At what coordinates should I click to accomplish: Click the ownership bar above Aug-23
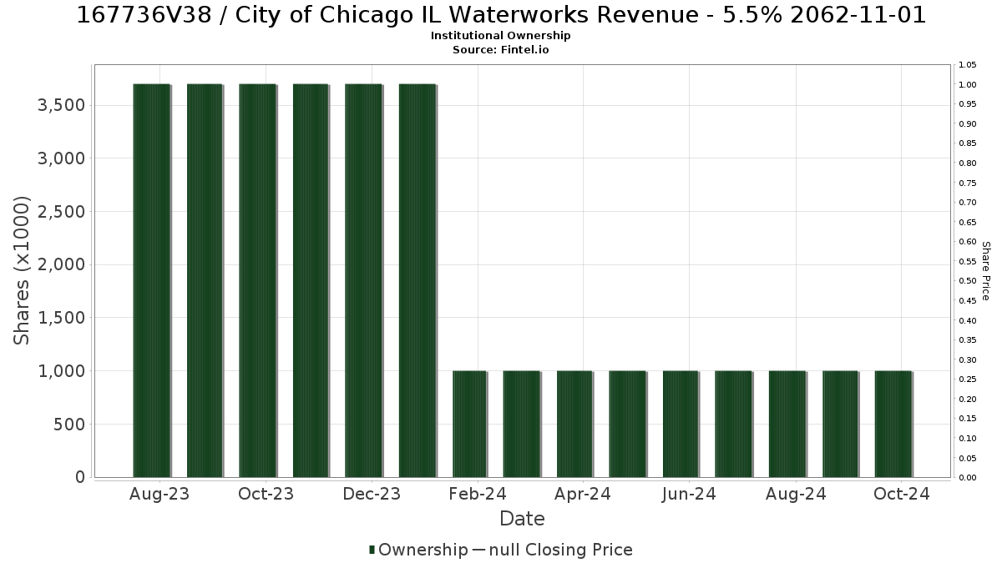152,280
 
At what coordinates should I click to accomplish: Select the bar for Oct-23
258,280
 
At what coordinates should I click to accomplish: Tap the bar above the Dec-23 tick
364,280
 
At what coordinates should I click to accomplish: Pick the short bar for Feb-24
469,424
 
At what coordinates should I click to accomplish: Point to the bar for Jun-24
681,424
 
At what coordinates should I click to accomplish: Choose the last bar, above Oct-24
893,424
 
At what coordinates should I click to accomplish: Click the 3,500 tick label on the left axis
61,105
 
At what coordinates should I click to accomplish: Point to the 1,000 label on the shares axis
61,371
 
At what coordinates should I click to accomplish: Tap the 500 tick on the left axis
69,424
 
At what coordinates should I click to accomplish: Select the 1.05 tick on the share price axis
968,65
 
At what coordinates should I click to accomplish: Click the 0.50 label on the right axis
968,281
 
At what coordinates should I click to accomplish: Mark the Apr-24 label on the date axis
583,494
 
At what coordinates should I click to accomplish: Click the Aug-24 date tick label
796,494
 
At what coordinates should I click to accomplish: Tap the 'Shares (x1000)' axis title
21,270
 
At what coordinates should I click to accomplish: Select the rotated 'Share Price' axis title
986,271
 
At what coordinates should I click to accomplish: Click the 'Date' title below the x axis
522,519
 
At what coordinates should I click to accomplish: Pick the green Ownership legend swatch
372,550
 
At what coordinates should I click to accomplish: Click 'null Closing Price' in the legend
561,550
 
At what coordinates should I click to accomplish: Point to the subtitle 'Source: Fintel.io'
500,49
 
